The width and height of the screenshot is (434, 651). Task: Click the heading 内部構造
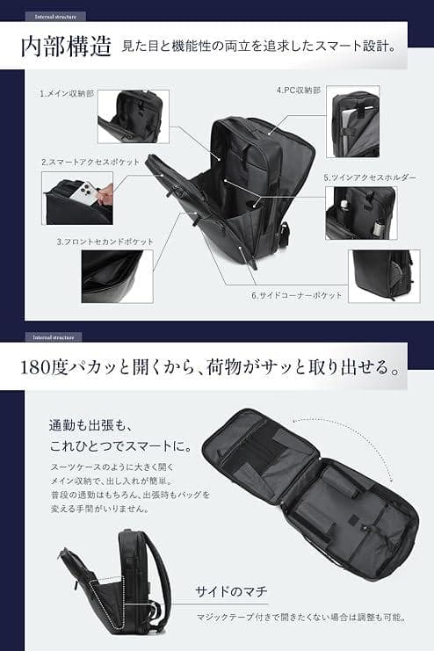[67, 47]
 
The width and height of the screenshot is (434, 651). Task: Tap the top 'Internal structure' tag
[54, 16]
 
